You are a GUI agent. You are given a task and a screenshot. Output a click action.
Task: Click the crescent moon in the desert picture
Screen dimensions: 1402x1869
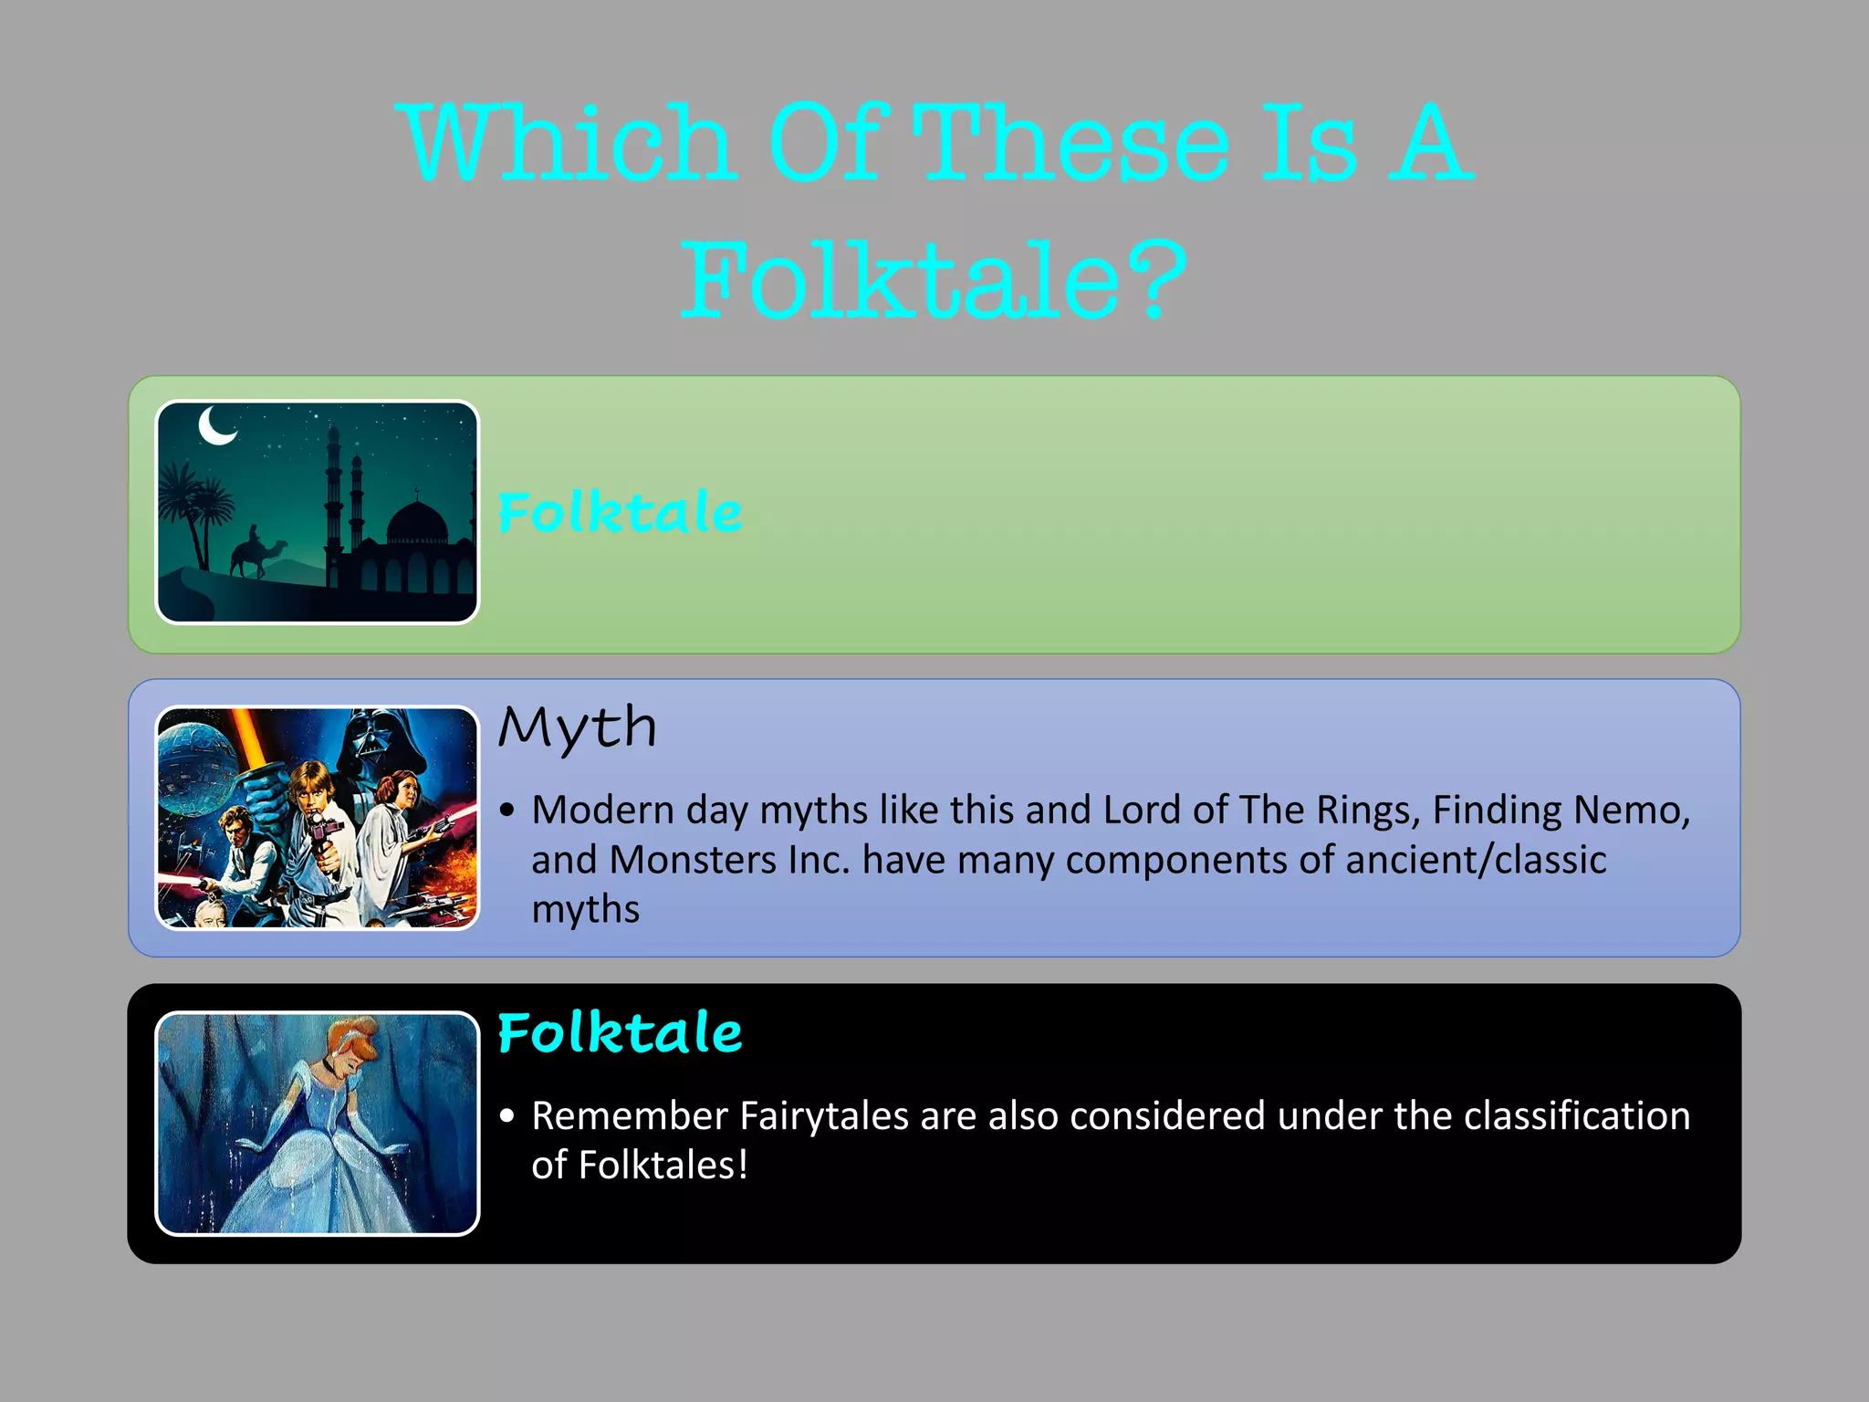pyautogui.click(x=217, y=425)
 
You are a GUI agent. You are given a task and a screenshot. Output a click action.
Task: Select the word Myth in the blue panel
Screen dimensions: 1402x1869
pyautogui.click(x=578, y=728)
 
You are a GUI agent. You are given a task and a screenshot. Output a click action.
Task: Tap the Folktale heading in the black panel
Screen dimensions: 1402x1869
pyautogui.click(x=620, y=1033)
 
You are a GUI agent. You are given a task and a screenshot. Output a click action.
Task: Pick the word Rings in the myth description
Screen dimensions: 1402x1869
pyautogui.click(x=1373, y=810)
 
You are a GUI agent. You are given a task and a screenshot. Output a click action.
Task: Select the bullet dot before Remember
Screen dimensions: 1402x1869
pyautogui.click(x=508, y=1116)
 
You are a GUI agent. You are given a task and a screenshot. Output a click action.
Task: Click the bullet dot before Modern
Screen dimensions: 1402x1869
pyautogui.click(x=508, y=811)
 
